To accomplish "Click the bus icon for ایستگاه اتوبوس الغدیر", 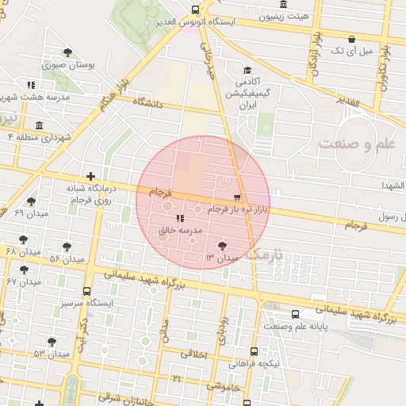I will (x=195, y=10).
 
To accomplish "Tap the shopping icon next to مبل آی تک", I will (x=351, y=38).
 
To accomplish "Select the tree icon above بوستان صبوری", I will (x=68, y=53).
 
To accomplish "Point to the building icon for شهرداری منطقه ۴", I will (x=40, y=125).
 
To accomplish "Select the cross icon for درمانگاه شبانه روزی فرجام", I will (x=90, y=176).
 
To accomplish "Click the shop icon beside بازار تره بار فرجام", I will (x=236, y=197).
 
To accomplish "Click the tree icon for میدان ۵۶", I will (x=67, y=247).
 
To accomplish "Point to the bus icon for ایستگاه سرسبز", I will (x=86, y=291).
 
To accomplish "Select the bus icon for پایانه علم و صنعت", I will (x=295, y=314).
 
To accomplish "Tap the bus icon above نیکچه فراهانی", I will (x=254, y=352).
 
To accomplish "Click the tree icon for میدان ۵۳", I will (x=52, y=342).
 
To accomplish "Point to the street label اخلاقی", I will (x=194, y=354).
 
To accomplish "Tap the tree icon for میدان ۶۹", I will (x=31, y=201).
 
